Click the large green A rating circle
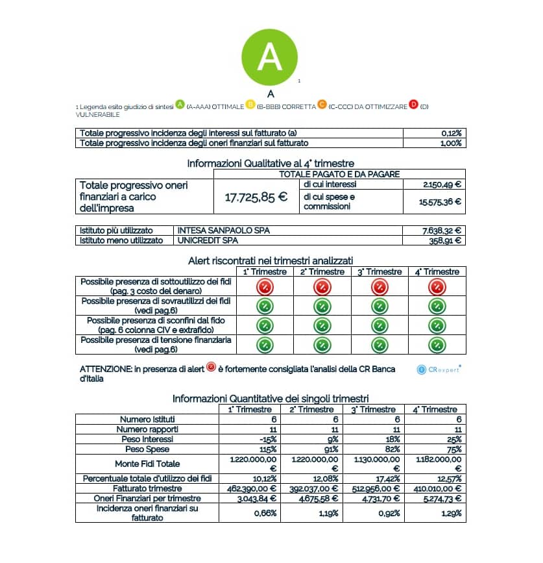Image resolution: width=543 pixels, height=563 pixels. click(x=269, y=57)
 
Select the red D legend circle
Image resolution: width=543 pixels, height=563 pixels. click(x=413, y=105)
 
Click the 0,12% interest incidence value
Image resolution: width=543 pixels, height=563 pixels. click(x=450, y=133)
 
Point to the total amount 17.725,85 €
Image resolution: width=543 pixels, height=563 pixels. click(x=256, y=197)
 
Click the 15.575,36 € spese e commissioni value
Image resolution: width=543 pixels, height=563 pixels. click(x=440, y=201)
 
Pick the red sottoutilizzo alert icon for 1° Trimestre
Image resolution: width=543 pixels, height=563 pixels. click(x=264, y=286)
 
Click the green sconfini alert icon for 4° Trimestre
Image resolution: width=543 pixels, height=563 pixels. click(x=439, y=325)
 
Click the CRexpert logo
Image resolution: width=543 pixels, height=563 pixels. click(x=439, y=369)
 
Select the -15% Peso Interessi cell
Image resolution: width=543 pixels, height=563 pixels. click(x=268, y=440)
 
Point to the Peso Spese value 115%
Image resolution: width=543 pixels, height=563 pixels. click(x=268, y=449)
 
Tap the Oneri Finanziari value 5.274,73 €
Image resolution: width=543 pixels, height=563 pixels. click(x=439, y=498)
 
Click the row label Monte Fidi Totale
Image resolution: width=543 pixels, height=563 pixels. click(x=147, y=464)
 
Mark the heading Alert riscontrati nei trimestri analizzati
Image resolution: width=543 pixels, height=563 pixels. click(x=271, y=260)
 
